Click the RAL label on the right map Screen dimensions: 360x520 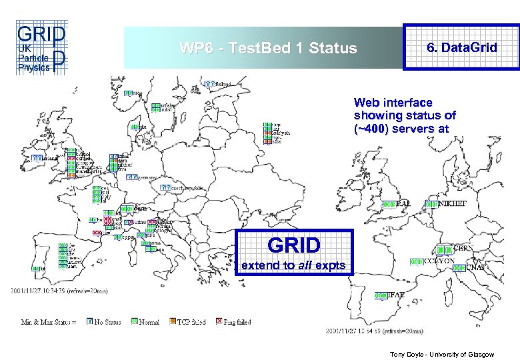[404, 203]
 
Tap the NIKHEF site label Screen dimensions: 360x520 [453, 203]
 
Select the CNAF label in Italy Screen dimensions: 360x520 [475, 268]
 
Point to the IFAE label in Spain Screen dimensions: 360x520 [396, 295]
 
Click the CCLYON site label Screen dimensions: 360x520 [439, 261]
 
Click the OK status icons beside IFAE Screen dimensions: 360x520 [381, 295]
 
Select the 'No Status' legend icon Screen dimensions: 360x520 [89, 322]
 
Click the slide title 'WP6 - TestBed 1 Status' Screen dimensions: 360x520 [269, 49]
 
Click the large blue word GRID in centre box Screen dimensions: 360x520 [293, 244]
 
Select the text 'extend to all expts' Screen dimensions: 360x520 [293, 265]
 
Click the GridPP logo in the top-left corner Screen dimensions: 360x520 [40, 47]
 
